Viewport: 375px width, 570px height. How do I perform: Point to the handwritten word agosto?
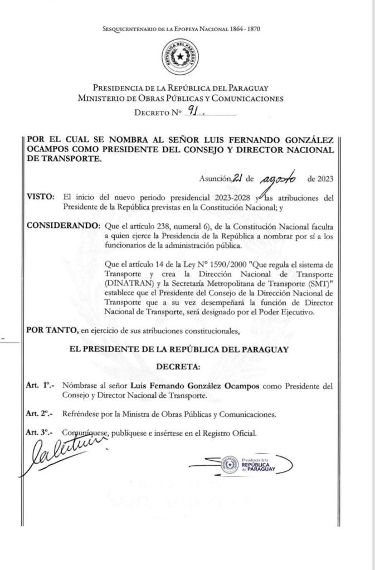point(279,178)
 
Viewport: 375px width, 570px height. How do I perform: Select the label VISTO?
point(40,198)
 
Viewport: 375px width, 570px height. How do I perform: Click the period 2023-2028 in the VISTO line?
point(228,198)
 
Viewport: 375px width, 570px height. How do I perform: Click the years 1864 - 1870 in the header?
point(246,28)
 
